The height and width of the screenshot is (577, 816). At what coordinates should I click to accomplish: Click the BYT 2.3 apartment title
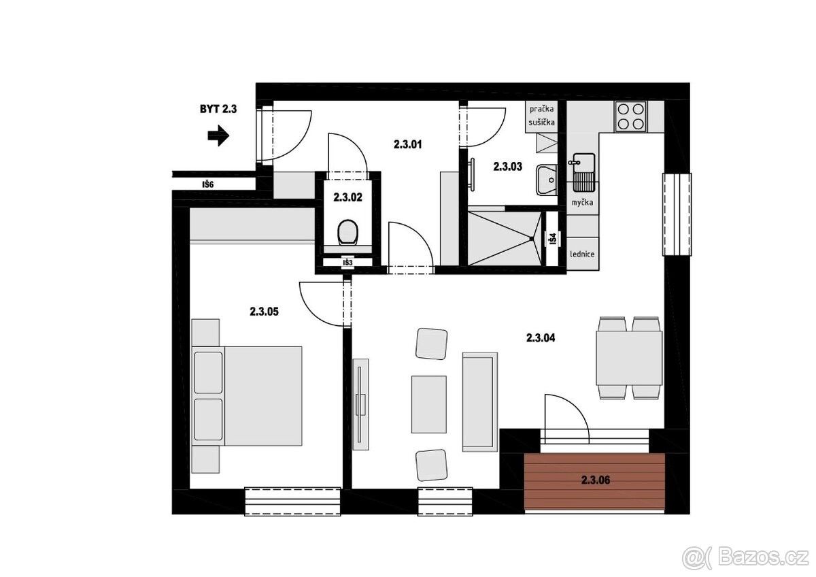coord(218,109)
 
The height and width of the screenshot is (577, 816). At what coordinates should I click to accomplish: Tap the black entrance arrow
coord(218,136)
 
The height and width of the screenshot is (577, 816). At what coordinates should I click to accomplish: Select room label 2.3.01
coord(407,145)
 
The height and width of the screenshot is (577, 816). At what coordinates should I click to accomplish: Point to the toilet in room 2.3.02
coord(348,232)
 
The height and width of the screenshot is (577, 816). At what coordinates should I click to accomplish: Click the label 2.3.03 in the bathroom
coord(508,167)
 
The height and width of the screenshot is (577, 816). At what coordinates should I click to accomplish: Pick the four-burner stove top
coord(631,116)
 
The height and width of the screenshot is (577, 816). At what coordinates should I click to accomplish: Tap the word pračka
coord(542,109)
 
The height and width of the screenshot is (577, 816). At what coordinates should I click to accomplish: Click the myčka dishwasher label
coord(582,202)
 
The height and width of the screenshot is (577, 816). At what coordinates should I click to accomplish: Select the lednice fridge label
coord(582,254)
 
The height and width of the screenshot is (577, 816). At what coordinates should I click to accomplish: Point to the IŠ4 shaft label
coord(553,239)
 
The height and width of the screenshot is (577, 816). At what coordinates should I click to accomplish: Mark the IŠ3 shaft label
coord(348,263)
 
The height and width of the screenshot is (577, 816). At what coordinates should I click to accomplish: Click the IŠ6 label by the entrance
coord(208,185)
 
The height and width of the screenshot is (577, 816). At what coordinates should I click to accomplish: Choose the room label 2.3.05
coord(264,312)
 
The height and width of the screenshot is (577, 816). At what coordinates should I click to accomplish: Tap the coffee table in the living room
coord(429,404)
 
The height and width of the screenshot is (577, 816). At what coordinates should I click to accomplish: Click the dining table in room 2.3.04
coord(629,358)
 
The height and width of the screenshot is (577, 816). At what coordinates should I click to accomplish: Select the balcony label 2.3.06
coord(596,480)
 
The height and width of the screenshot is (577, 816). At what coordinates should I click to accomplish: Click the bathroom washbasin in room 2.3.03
coord(547,180)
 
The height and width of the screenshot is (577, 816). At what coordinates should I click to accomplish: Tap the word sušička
coord(542,122)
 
